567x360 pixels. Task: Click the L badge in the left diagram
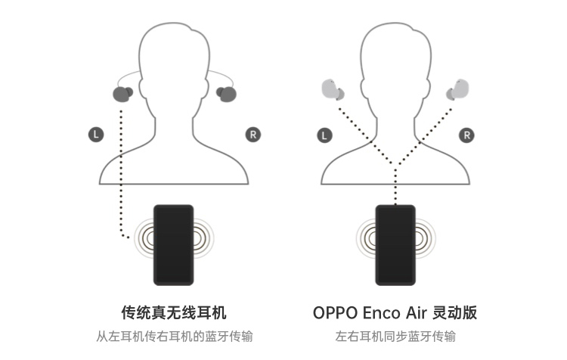(x=94, y=135)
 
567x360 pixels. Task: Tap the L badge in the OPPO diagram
(x=324, y=135)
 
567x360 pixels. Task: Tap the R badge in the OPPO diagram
(x=468, y=135)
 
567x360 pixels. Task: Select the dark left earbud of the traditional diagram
(x=122, y=94)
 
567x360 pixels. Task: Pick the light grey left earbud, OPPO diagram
(x=331, y=90)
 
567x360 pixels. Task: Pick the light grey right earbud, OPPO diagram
(x=459, y=90)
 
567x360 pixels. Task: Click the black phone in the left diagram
(x=173, y=244)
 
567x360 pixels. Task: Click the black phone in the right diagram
(x=395, y=244)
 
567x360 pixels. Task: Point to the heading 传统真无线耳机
(x=173, y=312)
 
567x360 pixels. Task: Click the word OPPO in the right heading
(x=336, y=312)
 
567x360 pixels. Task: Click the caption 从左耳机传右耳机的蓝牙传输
(x=173, y=337)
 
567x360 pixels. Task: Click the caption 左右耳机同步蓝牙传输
(x=395, y=337)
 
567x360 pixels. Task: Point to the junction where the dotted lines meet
(x=395, y=165)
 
